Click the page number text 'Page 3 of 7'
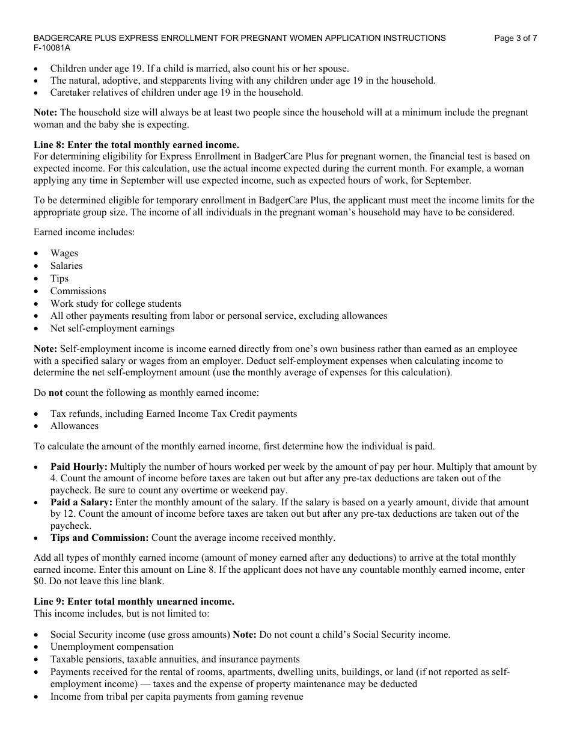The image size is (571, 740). click(515, 38)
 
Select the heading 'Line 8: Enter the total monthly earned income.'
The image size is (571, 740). click(136, 144)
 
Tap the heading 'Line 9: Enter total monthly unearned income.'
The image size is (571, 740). click(134, 602)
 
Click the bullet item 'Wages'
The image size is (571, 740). click(64, 253)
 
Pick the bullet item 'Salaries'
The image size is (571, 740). click(67, 266)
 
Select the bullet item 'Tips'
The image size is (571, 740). click(60, 279)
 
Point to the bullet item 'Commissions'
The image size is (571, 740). click(78, 291)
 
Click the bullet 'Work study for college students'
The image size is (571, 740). click(116, 304)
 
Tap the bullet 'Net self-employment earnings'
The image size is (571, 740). click(112, 328)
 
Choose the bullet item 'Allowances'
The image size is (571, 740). click(75, 426)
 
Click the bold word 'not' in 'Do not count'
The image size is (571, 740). click(55, 393)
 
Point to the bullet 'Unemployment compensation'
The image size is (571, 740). click(112, 647)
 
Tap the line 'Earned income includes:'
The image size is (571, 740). click(84, 232)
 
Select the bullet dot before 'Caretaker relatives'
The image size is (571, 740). click(37, 93)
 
